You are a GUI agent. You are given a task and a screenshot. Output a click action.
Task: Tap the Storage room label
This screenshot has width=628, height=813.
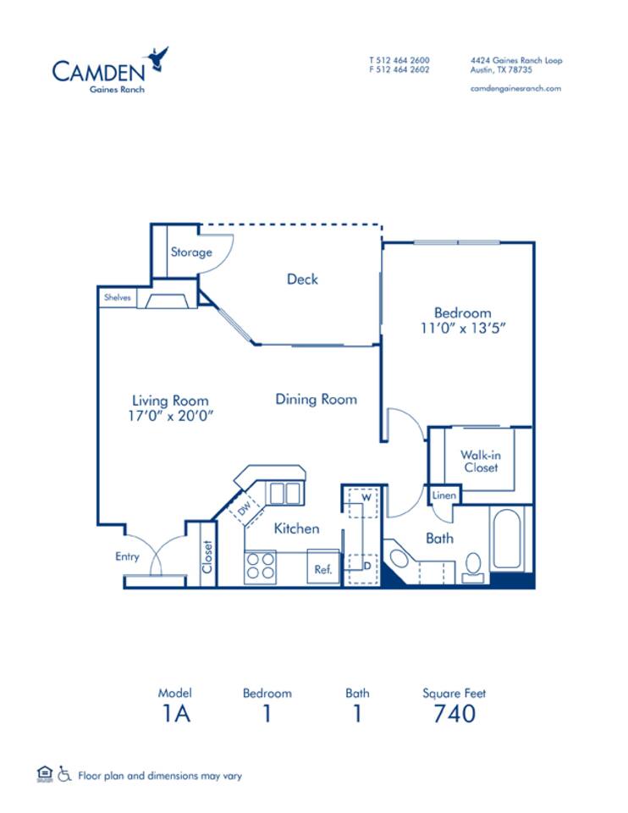(191, 252)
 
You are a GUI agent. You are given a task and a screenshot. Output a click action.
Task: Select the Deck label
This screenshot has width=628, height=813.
(301, 279)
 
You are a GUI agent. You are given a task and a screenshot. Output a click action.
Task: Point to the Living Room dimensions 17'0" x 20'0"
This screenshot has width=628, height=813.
(170, 416)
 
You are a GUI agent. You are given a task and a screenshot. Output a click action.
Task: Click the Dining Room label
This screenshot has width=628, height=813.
(316, 399)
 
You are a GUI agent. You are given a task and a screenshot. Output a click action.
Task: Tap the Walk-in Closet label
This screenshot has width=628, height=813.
(479, 461)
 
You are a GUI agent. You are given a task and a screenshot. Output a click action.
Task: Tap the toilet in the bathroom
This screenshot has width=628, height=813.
(474, 565)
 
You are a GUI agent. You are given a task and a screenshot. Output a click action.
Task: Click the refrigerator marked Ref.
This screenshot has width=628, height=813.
(323, 570)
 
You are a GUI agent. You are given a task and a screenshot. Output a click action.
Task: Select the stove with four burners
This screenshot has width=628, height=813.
(260, 567)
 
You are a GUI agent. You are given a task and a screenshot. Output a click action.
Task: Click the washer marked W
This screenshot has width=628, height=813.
(366, 498)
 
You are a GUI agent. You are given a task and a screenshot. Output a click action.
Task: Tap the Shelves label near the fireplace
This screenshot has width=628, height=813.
(117, 298)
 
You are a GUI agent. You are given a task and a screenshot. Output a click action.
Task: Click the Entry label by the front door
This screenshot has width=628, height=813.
(127, 556)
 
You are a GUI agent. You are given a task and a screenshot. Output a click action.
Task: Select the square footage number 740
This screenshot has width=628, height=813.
(454, 713)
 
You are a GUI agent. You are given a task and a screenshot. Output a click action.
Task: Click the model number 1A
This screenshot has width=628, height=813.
(175, 713)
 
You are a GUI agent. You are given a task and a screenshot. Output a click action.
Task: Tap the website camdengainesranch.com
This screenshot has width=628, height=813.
(515, 88)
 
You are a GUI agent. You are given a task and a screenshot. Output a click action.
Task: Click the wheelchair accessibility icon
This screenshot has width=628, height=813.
(65, 774)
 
